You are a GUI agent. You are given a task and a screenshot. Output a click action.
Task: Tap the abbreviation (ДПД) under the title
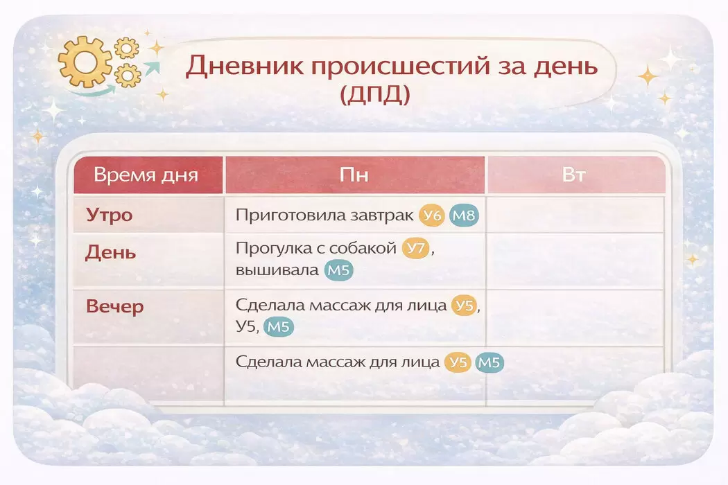tap(375, 94)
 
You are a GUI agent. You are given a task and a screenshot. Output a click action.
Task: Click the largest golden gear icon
tap(84, 62)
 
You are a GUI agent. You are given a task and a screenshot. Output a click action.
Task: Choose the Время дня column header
tap(146, 175)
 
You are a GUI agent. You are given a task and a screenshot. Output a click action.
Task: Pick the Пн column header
tap(354, 175)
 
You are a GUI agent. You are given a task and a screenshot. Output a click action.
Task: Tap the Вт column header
tap(574, 175)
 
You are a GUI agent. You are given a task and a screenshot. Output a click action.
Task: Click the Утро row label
tap(110, 215)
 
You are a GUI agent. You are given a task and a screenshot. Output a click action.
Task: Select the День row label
tap(110, 252)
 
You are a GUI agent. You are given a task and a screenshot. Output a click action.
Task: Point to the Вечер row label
tap(114, 307)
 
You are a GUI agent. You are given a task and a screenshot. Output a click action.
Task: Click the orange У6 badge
tap(432, 215)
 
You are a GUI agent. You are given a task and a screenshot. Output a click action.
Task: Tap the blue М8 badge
tap(464, 215)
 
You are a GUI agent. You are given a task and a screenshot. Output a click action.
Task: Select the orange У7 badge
tap(415, 248)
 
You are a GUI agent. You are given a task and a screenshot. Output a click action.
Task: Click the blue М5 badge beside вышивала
tap(338, 270)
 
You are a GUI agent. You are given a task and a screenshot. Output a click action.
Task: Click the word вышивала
tap(277, 270)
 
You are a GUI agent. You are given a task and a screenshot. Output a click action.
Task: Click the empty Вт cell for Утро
tap(575, 214)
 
